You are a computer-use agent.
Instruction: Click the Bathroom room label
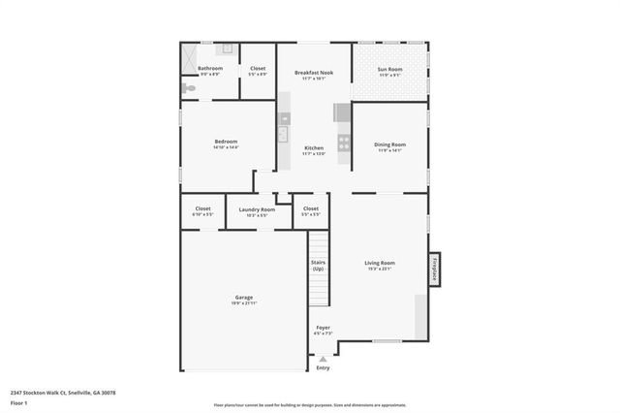tap(210, 68)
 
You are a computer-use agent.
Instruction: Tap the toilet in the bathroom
tap(189, 88)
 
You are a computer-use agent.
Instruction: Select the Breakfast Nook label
tap(313, 73)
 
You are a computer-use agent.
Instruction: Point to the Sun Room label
tap(389, 68)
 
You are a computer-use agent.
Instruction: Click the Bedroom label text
tap(226, 142)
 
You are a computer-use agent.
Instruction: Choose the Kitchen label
tap(313, 147)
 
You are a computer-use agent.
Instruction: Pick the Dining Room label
tap(389, 144)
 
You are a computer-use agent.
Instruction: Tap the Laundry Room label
tap(257, 209)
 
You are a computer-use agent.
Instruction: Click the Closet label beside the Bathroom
tap(258, 68)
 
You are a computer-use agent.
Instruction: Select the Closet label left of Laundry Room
tap(202, 208)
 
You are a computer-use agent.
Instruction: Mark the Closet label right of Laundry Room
tap(311, 208)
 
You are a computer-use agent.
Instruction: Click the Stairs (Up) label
tap(318, 265)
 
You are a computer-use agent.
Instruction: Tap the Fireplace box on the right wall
tap(435, 269)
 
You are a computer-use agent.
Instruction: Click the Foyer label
tap(323, 328)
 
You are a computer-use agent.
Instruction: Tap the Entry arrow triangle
tap(323, 358)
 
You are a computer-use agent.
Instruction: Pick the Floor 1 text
tap(18, 402)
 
